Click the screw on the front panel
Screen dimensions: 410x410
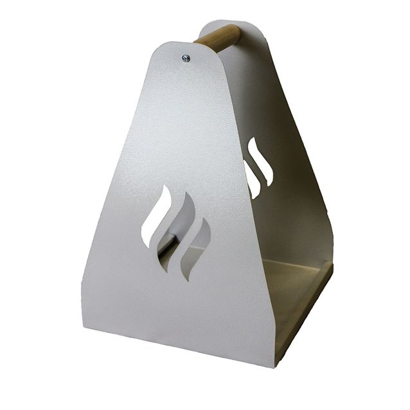186,58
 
